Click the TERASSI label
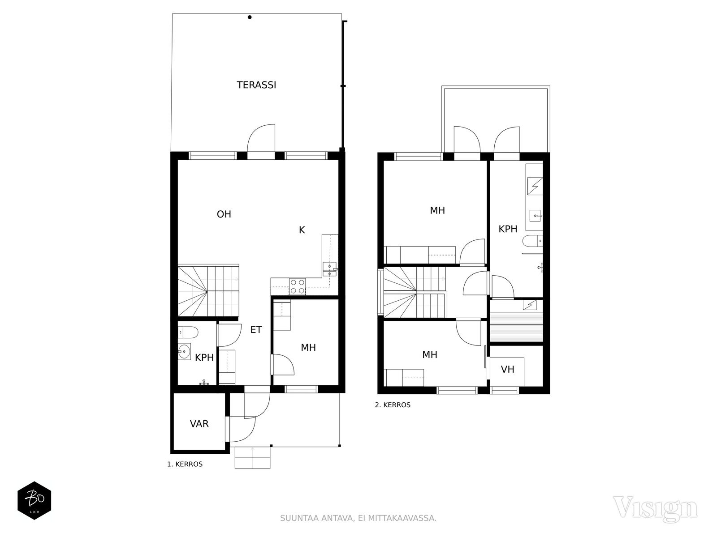tap(256, 85)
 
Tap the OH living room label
tap(224, 214)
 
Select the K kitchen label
tap(302, 230)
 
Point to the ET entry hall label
tap(256, 330)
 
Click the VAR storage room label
tap(199, 423)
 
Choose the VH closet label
tap(508, 369)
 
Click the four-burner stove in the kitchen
tap(297, 286)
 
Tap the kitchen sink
tap(329, 269)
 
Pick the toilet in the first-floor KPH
tap(188, 332)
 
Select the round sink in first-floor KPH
tap(184, 351)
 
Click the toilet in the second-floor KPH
tap(533, 241)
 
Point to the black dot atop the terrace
tap(250, 17)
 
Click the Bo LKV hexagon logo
tap(35, 500)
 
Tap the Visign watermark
tap(655, 508)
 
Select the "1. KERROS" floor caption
tap(185, 465)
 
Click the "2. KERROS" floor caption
tap(393, 405)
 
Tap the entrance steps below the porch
tap(252, 457)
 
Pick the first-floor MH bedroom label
tap(308, 348)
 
